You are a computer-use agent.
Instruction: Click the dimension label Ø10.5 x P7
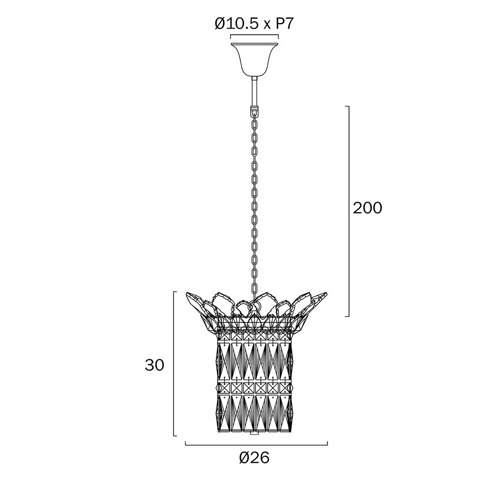pos(254,24)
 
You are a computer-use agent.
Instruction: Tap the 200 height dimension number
pos(367,208)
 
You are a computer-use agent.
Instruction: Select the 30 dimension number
pos(154,365)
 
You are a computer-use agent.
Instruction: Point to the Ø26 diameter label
pos(254,458)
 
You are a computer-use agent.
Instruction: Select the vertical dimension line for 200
pos(349,211)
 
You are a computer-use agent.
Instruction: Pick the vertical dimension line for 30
pos(174,364)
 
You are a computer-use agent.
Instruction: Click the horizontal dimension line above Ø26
pos(257,445)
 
